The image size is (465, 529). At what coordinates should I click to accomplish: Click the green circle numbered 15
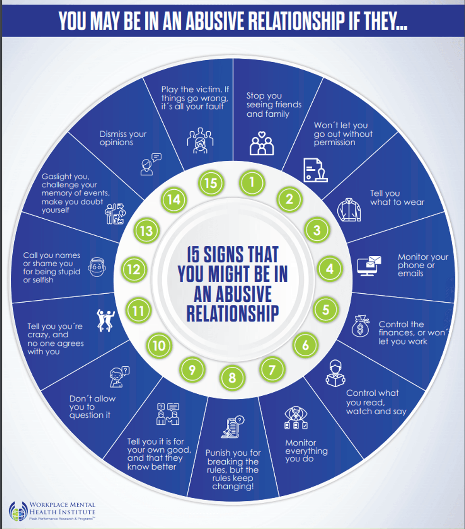tap(211, 183)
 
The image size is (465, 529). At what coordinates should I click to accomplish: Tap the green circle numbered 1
tap(252, 183)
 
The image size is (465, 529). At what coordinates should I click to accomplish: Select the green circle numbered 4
tap(330, 269)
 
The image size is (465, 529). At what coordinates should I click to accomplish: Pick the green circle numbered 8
tap(232, 378)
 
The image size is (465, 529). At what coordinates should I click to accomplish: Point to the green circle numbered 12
tap(134, 269)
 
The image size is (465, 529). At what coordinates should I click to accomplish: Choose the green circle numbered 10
tap(159, 345)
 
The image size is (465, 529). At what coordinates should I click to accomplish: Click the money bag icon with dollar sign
tap(361, 326)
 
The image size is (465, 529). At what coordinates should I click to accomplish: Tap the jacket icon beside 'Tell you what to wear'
tap(349, 210)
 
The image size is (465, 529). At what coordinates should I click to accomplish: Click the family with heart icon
tap(261, 143)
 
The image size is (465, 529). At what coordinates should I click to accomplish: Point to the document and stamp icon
tap(315, 170)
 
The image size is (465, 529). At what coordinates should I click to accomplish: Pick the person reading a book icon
tap(335, 373)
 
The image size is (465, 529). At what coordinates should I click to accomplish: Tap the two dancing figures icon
tap(106, 320)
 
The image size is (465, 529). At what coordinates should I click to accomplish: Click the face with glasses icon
tap(97, 267)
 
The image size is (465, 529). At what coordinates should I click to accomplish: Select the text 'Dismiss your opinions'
tap(123, 139)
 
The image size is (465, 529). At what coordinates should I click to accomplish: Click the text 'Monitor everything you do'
tap(306, 451)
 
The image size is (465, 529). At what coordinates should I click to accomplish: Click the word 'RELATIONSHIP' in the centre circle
tap(232, 314)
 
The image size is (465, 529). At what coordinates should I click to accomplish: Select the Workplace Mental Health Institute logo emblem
tap(18, 511)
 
